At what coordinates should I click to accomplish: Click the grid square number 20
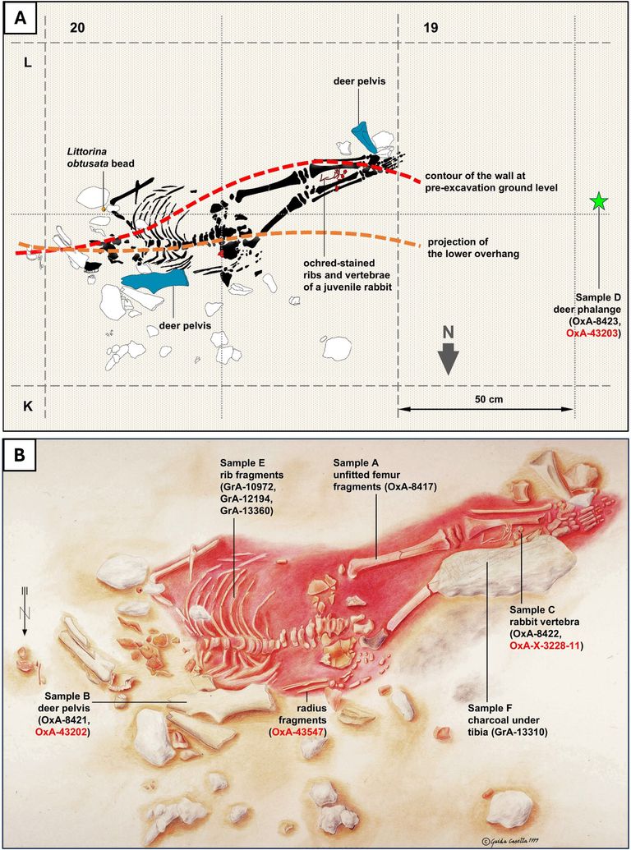point(78,27)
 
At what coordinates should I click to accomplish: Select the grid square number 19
point(432,27)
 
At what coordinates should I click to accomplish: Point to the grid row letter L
point(27,63)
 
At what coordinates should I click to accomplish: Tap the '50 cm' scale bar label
point(486,398)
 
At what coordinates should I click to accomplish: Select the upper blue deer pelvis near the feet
point(364,136)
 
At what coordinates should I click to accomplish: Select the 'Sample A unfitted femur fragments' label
point(385,475)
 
